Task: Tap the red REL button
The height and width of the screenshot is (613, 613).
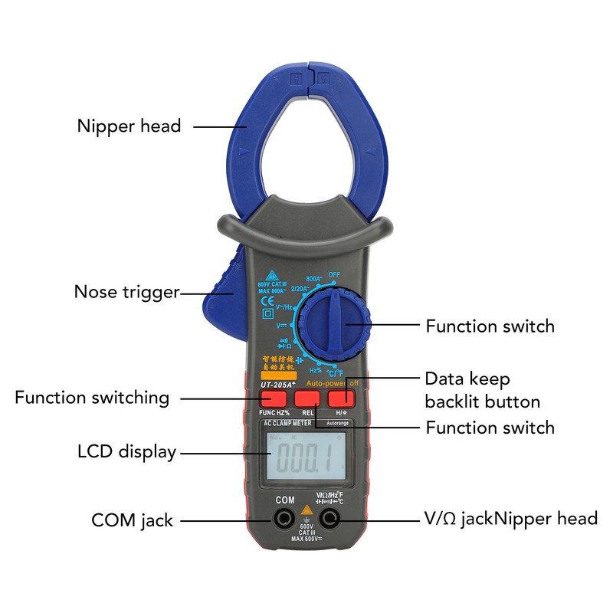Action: (307, 398)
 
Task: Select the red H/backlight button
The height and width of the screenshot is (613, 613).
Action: (341, 398)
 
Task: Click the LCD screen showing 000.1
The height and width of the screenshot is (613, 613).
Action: (301, 459)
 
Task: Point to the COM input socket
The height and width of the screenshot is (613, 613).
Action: (284, 520)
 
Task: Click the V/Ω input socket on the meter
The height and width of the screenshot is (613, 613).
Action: (331, 520)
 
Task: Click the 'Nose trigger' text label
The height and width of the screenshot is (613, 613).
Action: (126, 292)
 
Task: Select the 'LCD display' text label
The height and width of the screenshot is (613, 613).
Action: (126, 451)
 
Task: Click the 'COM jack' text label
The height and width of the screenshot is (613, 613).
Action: (132, 520)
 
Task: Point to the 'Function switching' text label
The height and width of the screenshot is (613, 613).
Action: (92, 398)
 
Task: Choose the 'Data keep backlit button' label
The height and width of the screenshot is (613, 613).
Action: (483, 391)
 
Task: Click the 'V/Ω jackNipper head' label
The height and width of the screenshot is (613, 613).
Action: (511, 519)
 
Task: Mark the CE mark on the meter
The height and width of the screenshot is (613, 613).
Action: (268, 300)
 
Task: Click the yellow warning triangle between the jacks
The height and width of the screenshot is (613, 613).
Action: (306, 510)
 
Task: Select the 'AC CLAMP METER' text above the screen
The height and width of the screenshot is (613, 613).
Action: (287, 423)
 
